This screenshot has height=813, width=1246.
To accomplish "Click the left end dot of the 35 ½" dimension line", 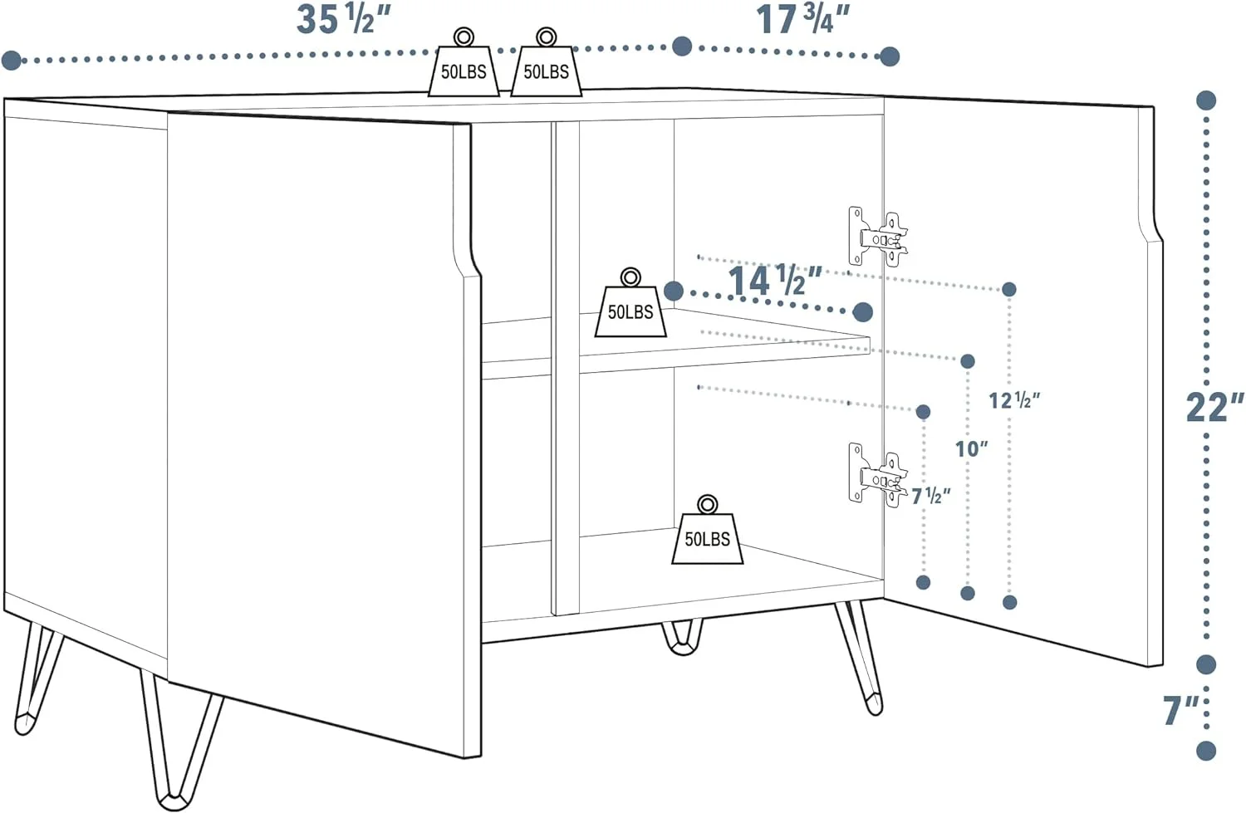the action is point(11,60).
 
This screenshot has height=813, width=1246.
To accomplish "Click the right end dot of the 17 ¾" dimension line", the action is point(890,56).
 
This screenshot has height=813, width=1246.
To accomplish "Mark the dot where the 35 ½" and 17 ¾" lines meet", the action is point(682,47).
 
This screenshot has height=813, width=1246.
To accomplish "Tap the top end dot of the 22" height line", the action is point(1206,100).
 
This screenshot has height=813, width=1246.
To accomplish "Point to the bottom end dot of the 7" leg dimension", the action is point(1206,750).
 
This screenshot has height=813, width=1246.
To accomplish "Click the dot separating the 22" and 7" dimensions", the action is point(1206,664).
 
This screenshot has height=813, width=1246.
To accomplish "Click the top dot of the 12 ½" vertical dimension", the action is point(1009,289).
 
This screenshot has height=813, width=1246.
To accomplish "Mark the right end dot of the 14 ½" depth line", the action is point(863,312).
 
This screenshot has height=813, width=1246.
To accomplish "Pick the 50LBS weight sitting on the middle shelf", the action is point(630,302).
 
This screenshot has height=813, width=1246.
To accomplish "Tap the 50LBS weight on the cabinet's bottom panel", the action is point(707,529).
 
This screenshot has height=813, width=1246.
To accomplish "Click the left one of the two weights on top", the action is point(464,61).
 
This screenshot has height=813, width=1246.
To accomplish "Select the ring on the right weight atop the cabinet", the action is point(546,37).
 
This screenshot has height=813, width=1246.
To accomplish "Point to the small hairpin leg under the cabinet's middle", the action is point(682,638).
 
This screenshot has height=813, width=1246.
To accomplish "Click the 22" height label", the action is point(1214,407).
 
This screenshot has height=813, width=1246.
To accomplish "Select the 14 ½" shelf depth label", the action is point(775,280).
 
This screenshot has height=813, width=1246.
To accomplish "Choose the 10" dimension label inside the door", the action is point(971,448).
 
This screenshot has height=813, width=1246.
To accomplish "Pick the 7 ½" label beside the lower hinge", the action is point(930,496).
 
